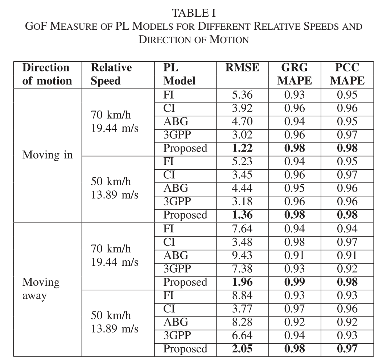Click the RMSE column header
pos(242,68)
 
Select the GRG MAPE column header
pos(295,74)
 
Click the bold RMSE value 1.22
pos(242,148)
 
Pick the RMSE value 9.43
pos(242,256)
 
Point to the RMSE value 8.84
pos(242,295)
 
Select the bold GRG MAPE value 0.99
pos(295,282)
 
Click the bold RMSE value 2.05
pos(242,349)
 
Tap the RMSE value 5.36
pos(242,95)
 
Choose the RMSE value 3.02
pos(242,135)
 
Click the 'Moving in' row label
pos(48,155)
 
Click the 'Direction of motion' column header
pos(47,74)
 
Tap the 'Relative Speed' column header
pos(111,74)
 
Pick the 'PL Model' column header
pos(179,74)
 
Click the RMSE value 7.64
pos(242,229)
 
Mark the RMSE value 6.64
pos(242,336)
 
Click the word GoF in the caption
pos(38,27)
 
